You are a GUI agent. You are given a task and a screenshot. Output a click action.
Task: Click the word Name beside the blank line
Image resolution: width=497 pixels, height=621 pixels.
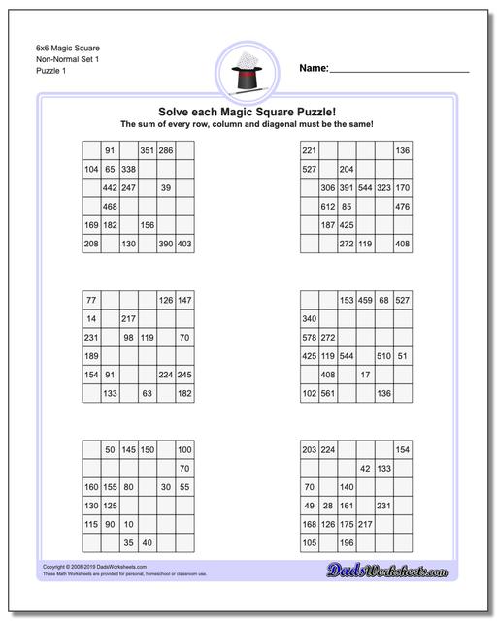click(x=314, y=69)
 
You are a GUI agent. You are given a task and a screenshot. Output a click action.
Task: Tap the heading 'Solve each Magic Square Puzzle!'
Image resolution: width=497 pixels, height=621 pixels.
click(x=248, y=111)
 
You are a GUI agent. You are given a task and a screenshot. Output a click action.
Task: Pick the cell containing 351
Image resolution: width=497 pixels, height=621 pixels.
click(x=148, y=150)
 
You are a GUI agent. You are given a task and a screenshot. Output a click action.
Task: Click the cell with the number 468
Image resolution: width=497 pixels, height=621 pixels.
click(x=110, y=207)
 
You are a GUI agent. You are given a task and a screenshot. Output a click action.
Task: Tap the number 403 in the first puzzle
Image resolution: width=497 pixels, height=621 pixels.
click(x=183, y=244)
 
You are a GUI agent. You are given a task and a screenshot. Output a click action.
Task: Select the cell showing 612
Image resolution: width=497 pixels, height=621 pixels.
click(x=328, y=207)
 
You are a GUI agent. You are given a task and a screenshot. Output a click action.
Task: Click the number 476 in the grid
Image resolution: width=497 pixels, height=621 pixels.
click(x=402, y=207)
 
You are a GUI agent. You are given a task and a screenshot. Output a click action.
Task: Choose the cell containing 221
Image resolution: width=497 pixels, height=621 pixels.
click(x=310, y=150)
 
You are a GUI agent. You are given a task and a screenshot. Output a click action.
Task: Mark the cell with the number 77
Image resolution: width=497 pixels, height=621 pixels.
click(x=91, y=301)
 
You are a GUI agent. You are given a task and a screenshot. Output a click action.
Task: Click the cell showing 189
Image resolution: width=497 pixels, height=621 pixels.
click(x=91, y=356)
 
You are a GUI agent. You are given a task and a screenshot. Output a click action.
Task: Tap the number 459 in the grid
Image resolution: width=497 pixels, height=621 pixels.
click(x=365, y=301)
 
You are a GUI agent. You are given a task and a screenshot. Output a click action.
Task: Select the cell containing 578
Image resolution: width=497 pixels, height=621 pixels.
click(x=310, y=338)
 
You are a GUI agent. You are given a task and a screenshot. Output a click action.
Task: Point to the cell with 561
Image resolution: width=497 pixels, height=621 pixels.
click(x=328, y=393)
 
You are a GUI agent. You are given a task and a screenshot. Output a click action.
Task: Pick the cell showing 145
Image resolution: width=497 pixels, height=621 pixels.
click(x=128, y=450)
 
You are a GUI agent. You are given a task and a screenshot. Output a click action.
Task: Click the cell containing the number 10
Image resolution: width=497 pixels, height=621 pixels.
click(x=128, y=524)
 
